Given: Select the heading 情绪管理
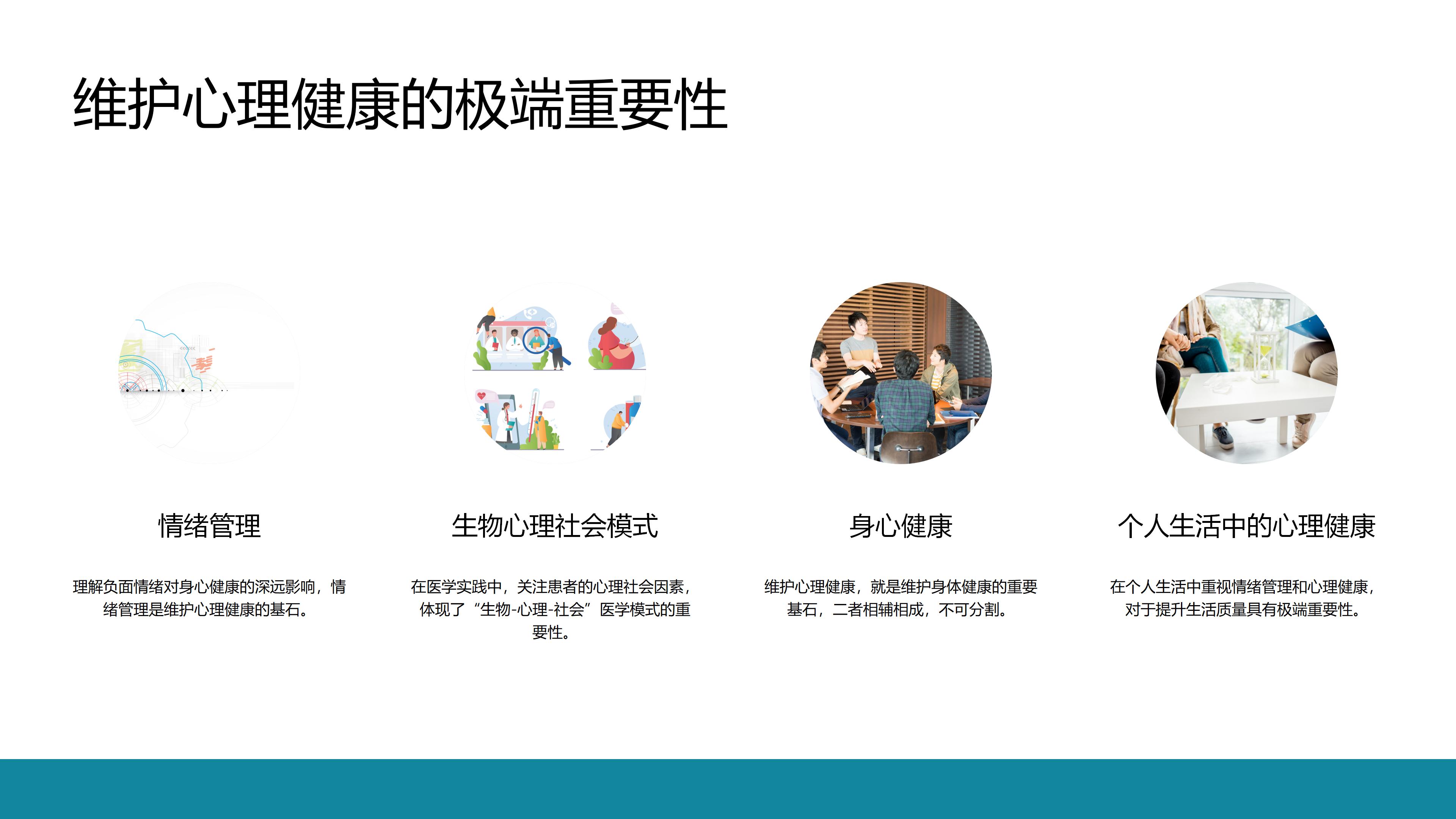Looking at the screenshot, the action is (210, 526).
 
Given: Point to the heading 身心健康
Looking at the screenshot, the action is (901, 526).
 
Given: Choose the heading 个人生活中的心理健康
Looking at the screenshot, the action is (1246, 526).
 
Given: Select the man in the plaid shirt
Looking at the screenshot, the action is (904, 395).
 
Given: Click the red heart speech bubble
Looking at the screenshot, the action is (482, 395).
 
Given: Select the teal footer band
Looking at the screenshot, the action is (728, 789).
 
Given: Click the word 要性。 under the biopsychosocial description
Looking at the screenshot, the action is (551, 632).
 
